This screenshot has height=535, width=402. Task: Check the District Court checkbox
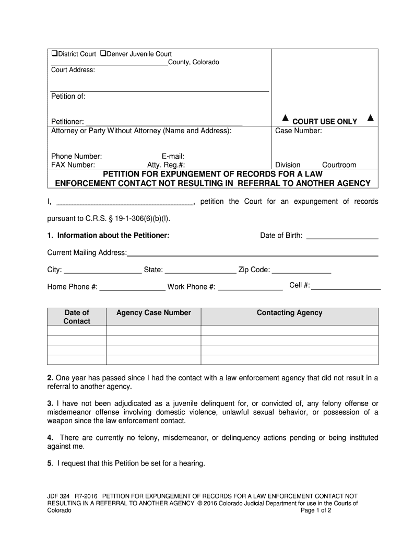pyautogui.click(x=54, y=54)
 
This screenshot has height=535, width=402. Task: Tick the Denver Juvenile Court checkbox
pyautogui.click(x=103, y=54)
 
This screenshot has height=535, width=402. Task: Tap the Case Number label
pyautogui.click(x=298, y=131)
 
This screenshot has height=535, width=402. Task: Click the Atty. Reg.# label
pyautogui.click(x=165, y=165)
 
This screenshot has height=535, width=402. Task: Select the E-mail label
pyautogui.click(x=173, y=156)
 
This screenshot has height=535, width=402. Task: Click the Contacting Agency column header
pyautogui.click(x=289, y=313)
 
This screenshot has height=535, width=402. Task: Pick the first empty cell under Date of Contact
pyautogui.click(x=77, y=331)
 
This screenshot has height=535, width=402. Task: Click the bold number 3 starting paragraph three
pyautogui.click(x=50, y=403)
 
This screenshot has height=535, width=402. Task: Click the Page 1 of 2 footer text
pyautogui.click(x=316, y=510)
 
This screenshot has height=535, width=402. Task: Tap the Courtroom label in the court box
pyautogui.click(x=339, y=165)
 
